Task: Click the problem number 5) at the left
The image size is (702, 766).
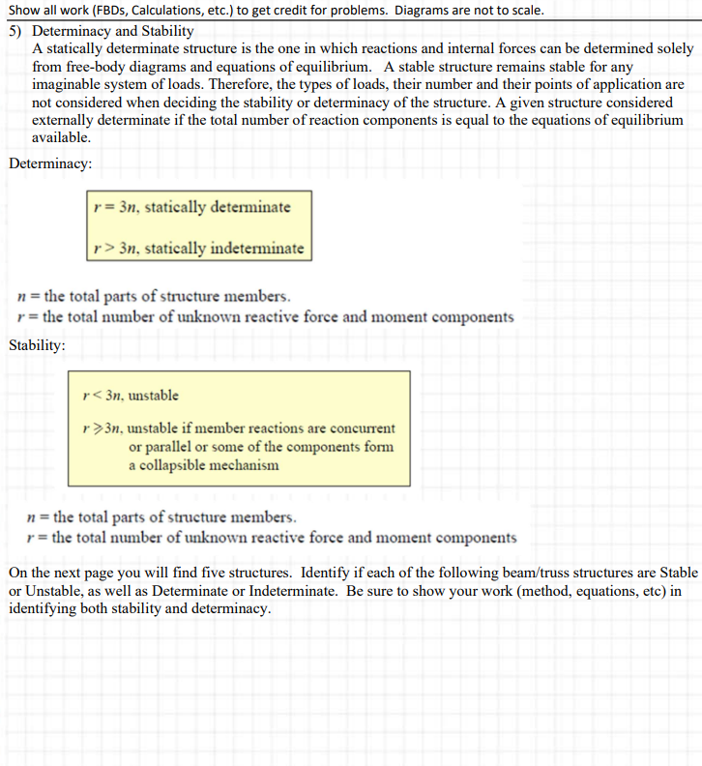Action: pyautogui.click(x=16, y=31)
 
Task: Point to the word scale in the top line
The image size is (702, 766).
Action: pyautogui.click(x=523, y=11)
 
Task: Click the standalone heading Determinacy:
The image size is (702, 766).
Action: pyautogui.click(x=50, y=163)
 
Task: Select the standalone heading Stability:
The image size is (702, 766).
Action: pyautogui.click(x=38, y=344)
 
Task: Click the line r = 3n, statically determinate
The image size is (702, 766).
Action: pyautogui.click(x=190, y=207)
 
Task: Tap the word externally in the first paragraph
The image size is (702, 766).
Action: pyautogui.click(x=70, y=121)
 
